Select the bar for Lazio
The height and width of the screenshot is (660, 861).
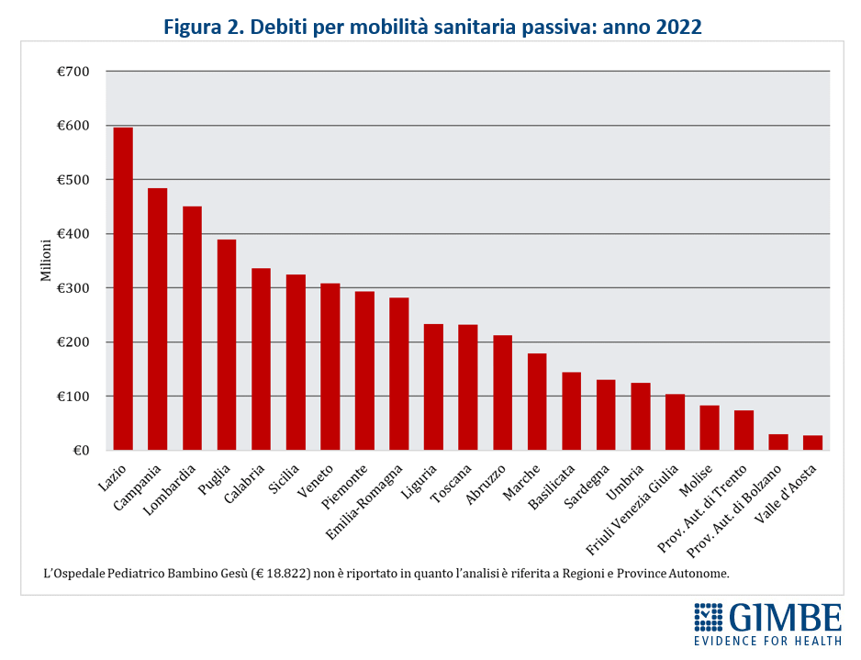[x=123, y=289]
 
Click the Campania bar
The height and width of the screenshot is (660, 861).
[x=157, y=319]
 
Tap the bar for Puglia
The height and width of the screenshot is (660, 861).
[x=227, y=345]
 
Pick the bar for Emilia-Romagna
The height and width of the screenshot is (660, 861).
[x=399, y=375]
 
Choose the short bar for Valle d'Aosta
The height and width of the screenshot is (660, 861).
[x=812, y=443]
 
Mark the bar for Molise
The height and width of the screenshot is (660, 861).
[x=710, y=428]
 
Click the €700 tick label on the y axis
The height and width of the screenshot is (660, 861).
[x=73, y=72]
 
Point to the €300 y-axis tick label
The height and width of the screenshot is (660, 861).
[x=73, y=288]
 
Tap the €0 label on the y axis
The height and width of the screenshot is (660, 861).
[x=80, y=451]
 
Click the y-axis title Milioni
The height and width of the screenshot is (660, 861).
[x=45, y=261]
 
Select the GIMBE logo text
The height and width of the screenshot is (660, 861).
[x=786, y=617]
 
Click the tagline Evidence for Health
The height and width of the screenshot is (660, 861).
[x=767, y=640]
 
